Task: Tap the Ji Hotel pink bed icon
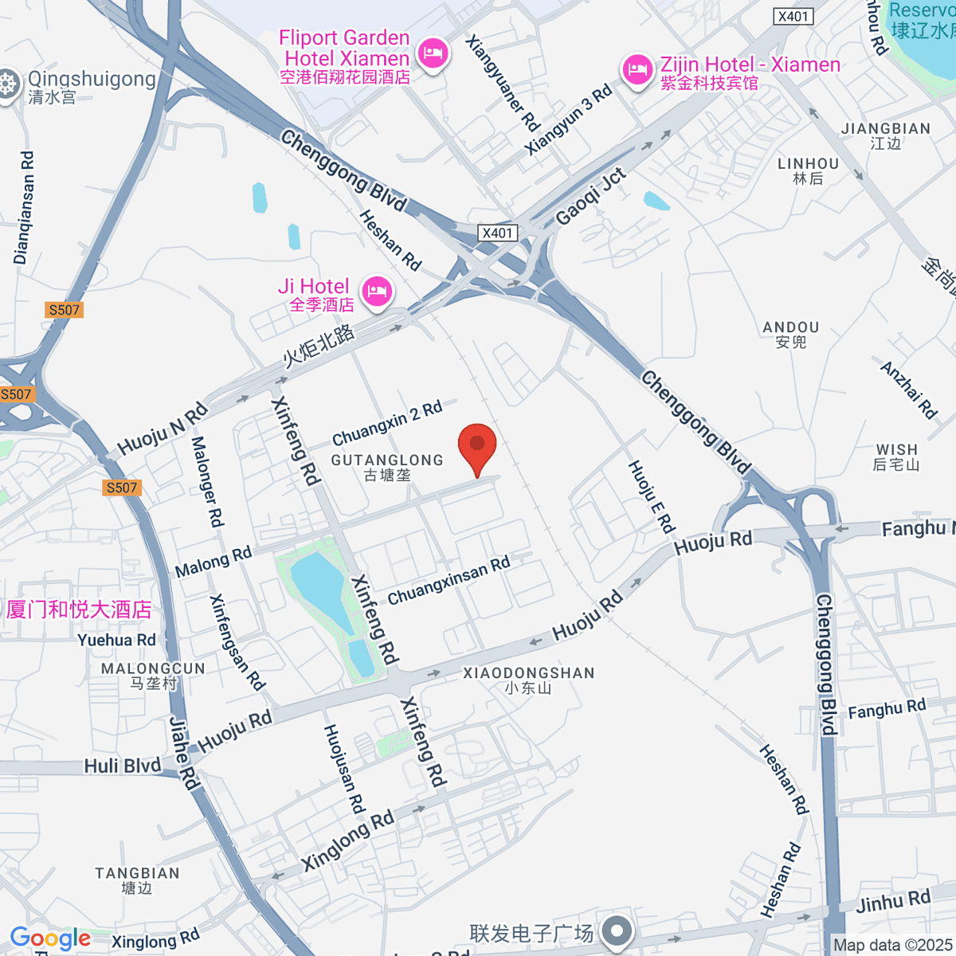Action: [377, 292]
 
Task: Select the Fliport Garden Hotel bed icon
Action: [433, 54]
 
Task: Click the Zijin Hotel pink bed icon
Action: [637, 70]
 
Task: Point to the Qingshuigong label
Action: [91, 80]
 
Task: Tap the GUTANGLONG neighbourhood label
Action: [387, 460]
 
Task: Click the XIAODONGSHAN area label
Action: [529, 673]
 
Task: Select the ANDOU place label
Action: [791, 327]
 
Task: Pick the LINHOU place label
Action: [808, 164]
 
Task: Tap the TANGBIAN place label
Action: [137, 874]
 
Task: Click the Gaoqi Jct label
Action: [590, 196]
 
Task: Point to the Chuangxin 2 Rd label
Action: [387, 425]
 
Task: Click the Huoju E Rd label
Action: [652, 496]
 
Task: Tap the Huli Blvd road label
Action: [123, 766]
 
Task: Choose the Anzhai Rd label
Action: [908, 390]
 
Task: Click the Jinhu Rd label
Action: [893, 902]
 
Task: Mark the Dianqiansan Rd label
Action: [25, 207]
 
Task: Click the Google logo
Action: [50, 938]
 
